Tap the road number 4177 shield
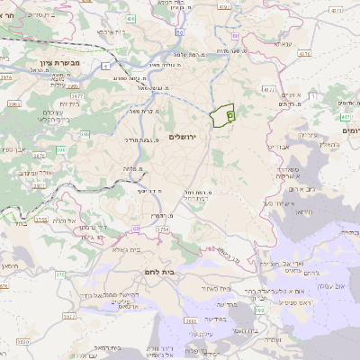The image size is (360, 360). coord(268,89)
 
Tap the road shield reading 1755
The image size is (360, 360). coord(40,219)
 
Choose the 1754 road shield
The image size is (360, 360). coord(162,230)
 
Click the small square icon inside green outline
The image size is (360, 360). coord(229,115)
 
